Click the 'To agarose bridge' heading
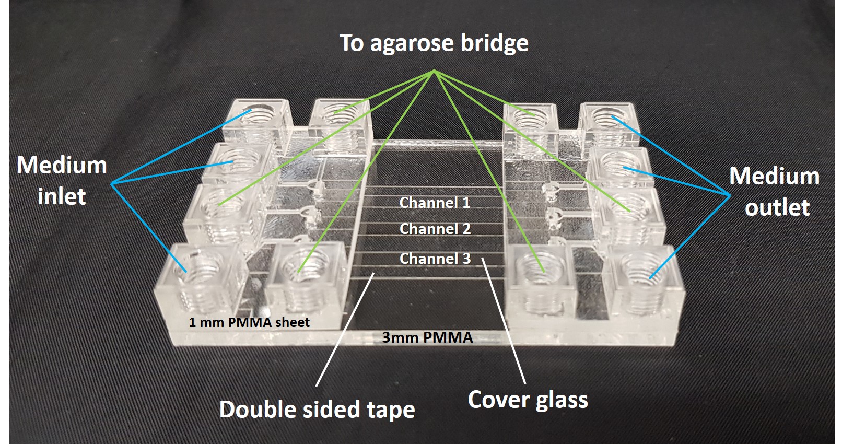tap(434, 43)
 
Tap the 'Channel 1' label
tap(435, 203)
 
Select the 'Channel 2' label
tap(435, 229)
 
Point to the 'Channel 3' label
tap(435, 259)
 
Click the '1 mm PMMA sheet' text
tap(249, 322)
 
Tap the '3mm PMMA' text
tap(427, 337)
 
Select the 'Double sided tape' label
tap(317, 410)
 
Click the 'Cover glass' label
tap(528, 400)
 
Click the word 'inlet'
tap(62, 197)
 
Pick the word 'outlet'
tap(777, 208)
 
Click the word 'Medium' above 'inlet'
tap(62, 166)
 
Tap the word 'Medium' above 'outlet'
tap(774, 176)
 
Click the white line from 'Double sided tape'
tap(345, 329)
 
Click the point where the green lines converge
tap(435, 72)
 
